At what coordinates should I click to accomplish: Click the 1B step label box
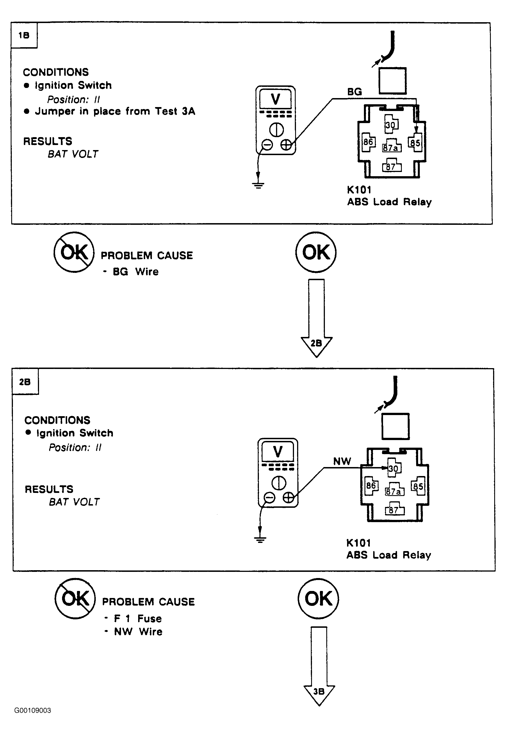click(24, 35)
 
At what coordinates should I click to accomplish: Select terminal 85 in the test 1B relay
click(415, 143)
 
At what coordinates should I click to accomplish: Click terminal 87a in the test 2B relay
click(394, 491)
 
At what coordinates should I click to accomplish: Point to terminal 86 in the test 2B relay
click(371, 486)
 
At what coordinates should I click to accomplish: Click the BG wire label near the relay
click(354, 92)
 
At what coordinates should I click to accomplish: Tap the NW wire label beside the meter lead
click(342, 461)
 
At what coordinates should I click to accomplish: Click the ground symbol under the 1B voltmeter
click(258, 185)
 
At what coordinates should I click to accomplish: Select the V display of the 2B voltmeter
click(278, 452)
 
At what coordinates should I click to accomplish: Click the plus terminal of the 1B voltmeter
click(286, 145)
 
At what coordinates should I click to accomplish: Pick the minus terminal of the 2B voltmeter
click(269, 498)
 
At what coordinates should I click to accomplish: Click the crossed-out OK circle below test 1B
click(74, 252)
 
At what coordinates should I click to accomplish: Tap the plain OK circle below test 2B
click(318, 599)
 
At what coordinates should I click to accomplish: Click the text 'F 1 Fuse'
click(138, 619)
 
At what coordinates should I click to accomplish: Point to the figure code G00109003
click(32, 710)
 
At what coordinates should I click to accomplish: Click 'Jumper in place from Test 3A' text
click(115, 111)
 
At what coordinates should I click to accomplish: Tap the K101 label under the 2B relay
click(359, 543)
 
